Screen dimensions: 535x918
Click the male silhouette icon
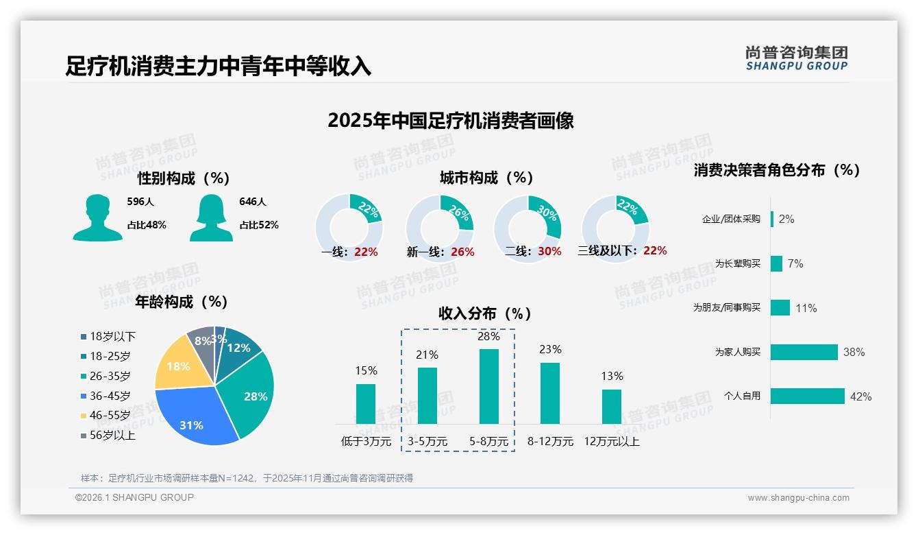pyautogui.click(x=98, y=218)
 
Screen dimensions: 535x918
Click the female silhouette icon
pyautogui.click(x=211, y=218)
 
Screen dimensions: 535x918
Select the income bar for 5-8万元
pyautogui.click(x=489, y=386)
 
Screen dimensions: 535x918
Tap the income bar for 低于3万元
pyautogui.click(x=366, y=403)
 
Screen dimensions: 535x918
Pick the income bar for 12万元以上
pyautogui.click(x=612, y=407)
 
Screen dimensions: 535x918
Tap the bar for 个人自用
pyautogui.click(x=808, y=396)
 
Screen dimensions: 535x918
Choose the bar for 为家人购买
pyautogui.click(x=804, y=352)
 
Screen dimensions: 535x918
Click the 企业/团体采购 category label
pyautogui.click(x=731, y=219)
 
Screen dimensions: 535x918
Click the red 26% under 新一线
pyautogui.click(x=462, y=252)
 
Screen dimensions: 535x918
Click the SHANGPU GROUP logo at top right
pyautogui.click(x=796, y=58)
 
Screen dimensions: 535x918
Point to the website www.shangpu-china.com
pyautogui.click(x=798, y=498)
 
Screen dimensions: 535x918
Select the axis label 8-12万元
pyautogui.click(x=550, y=442)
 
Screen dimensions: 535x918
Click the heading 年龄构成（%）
pyautogui.click(x=182, y=302)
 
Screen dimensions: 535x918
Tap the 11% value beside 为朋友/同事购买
pyautogui.click(x=806, y=309)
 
